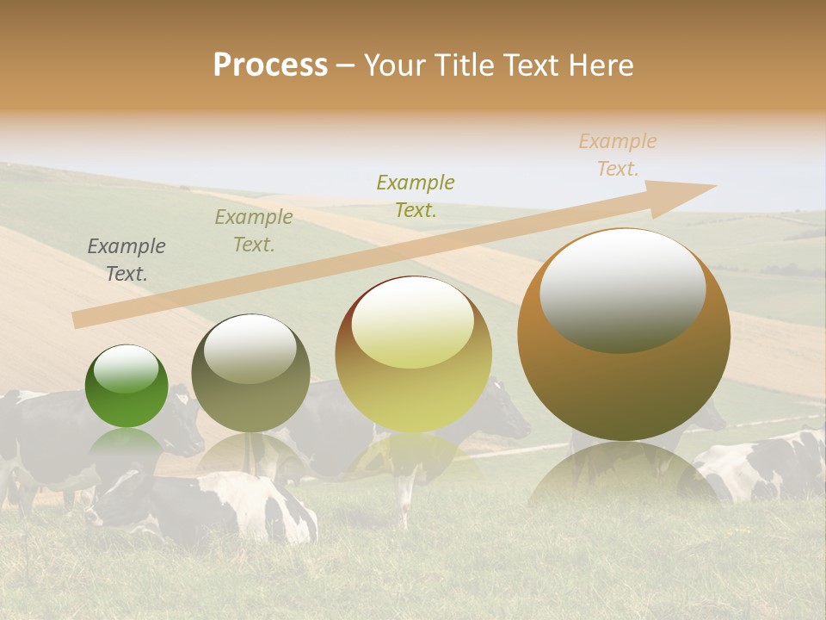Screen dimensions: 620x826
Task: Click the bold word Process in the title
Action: coord(270,65)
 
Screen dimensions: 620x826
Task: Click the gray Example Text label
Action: coord(126,260)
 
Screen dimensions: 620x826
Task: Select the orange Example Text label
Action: coord(618,155)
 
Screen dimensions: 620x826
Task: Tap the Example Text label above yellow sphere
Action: coord(416,196)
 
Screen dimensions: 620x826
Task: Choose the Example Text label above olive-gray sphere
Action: coord(253,231)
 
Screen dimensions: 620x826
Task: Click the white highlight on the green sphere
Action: coord(126,369)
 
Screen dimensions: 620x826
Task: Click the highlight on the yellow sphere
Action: coord(412,322)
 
